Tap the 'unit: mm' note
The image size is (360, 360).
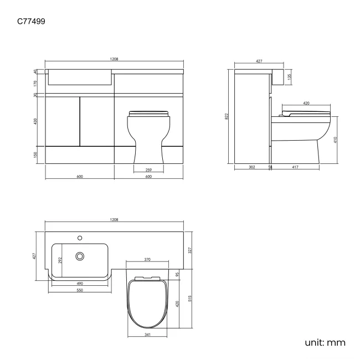[325, 342]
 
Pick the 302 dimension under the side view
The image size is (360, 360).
[252, 166]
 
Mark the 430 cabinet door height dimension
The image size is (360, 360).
[36, 121]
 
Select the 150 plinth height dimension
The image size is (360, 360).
[36, 155]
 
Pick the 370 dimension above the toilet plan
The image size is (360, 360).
[148, 259]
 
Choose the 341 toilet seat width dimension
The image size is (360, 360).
[147, 334]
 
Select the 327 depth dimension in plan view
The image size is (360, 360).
[190, 250]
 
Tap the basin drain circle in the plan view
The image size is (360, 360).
[80, 256]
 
